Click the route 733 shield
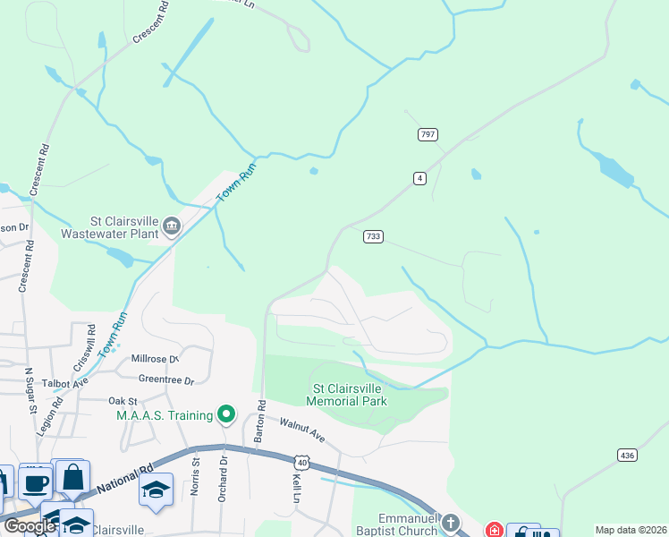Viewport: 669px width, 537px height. (x=373, y=236)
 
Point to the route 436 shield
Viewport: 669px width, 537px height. (x=627, y=456)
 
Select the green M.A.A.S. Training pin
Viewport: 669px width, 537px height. (x=226, y=413)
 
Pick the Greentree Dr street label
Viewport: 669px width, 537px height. (x=166, y=380)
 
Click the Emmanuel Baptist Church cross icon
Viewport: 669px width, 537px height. (x=452, y=522)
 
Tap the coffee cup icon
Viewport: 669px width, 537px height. (x=36, y=483)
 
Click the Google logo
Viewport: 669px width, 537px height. (x=29, y=526)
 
